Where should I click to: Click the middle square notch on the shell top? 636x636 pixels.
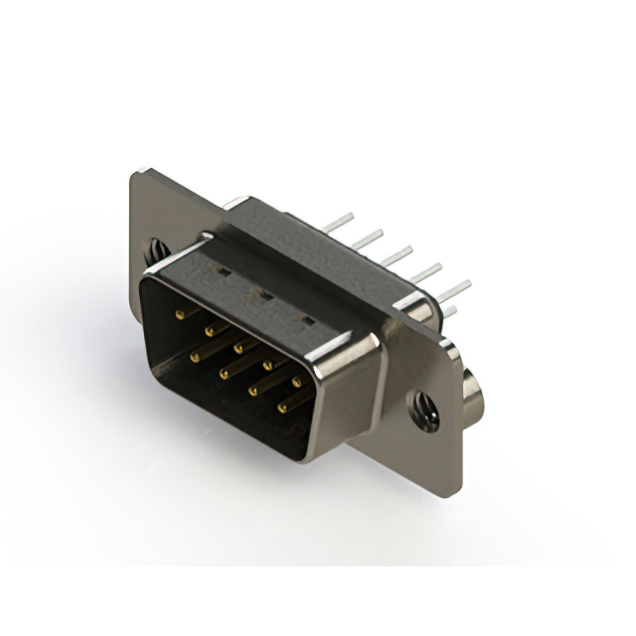[266, 294]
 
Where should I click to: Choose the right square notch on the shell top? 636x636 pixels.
[308, 319]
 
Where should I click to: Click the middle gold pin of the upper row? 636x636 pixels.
[238, 347]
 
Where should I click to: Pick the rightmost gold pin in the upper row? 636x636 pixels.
[296, 381]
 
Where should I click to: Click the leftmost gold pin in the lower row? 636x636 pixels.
[194, 354]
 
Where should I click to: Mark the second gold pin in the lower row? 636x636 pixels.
[225, 373]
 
